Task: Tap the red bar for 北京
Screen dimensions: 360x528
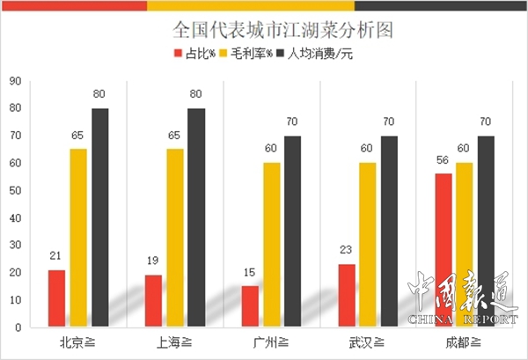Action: click(x=57, y=298)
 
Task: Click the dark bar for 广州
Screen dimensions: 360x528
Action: click(x=292, y=231)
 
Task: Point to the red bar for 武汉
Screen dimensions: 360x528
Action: click(x=346, y=296)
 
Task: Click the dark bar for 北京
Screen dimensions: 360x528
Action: click(x=99, y=217)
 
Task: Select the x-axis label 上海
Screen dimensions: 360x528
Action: click(x=174, y=342)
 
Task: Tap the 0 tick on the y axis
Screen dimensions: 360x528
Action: click(x=17, y=327)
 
